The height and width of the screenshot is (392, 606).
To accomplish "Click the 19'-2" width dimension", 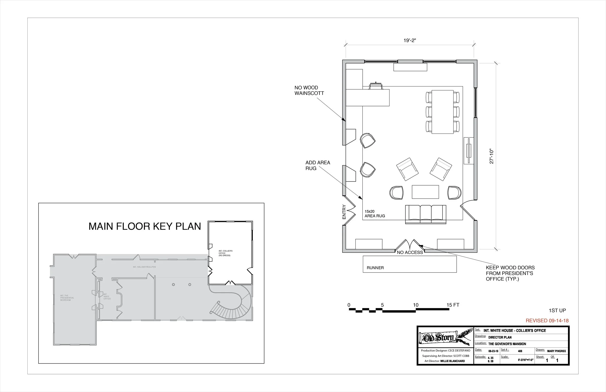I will (409, 40).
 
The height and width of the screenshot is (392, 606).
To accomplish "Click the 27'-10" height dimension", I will (491, 156).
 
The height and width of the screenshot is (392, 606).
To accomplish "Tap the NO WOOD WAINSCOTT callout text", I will (309, 90).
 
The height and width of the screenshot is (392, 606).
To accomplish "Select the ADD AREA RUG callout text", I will (318, 165).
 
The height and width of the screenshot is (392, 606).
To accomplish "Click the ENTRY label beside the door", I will (344, 212).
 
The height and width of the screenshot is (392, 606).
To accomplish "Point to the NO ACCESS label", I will (410, 252).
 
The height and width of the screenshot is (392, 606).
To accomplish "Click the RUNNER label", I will (375, 268).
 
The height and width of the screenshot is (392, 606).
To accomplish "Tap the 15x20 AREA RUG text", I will (375, 213).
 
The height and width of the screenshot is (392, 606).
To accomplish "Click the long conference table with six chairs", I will (443, 111).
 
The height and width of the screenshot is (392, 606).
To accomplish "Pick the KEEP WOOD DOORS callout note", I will (510, 273).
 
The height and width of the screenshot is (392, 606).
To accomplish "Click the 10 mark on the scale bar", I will (415, 305).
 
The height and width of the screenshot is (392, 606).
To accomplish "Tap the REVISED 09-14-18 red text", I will (547, 321).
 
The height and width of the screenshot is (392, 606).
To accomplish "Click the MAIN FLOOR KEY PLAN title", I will (145, 226).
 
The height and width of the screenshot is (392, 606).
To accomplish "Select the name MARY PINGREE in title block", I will (556, 351).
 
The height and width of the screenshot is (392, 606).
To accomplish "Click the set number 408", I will (520, 351).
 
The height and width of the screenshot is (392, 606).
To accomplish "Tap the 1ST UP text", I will (557, 311).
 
